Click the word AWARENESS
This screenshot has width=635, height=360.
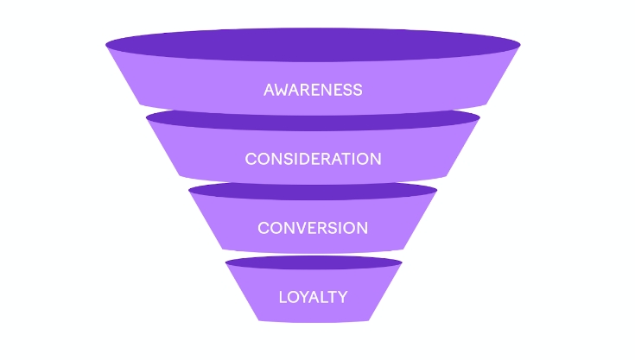(x=313, y=90)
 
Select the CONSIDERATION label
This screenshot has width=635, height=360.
(x=313, y=159)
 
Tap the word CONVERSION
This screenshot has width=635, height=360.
(x=313, y=228)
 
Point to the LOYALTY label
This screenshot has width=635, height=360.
(x=313, y=297)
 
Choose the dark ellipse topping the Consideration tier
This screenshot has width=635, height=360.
(x=313, y=119)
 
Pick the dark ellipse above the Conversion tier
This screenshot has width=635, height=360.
(x=313, y=190)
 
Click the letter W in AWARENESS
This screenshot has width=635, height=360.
(x=283, y=90)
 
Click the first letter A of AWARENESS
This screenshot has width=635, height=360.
(x=269, y=90)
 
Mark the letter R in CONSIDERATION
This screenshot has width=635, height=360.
(x=334, y=159)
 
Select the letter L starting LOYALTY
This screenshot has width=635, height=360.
(x=283, y=297)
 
